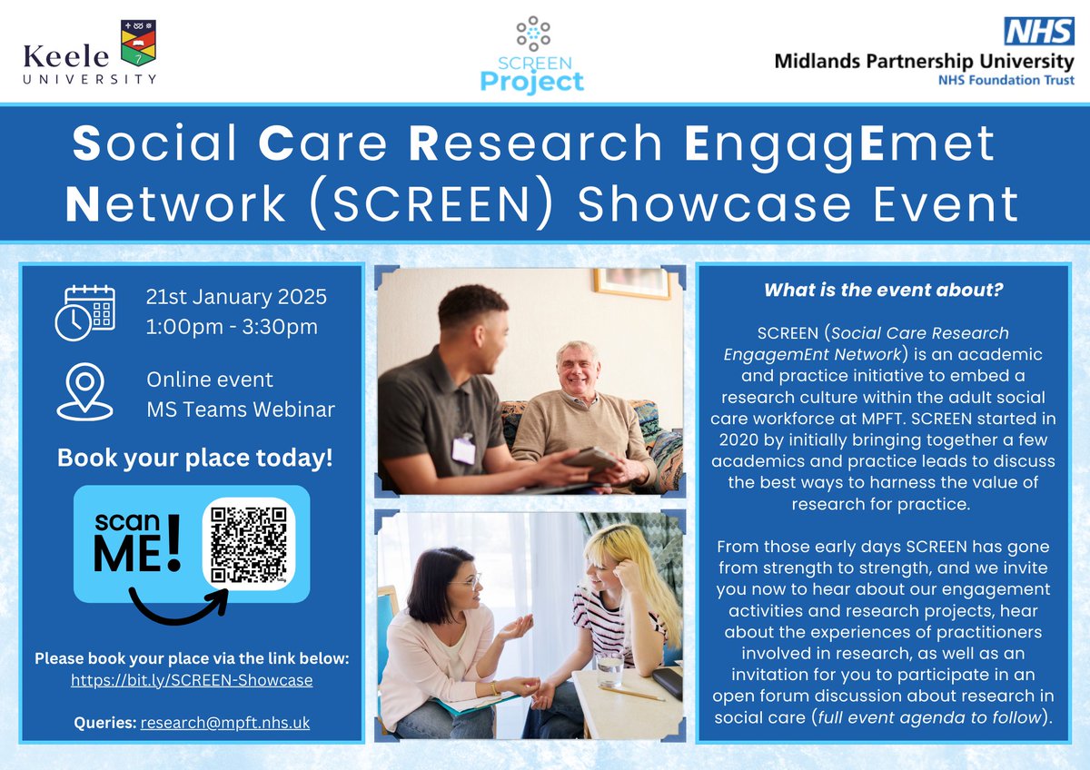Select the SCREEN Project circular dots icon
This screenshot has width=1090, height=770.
click(x=533, y=32)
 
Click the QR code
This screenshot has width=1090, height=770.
click(x=249, y=544)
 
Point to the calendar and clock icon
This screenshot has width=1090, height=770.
click(x=89, y=312)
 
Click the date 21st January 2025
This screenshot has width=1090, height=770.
click(x=235, y=297)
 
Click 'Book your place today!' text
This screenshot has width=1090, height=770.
click(x=194, y=458)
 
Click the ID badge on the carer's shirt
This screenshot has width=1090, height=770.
click(x=463, y=449)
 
